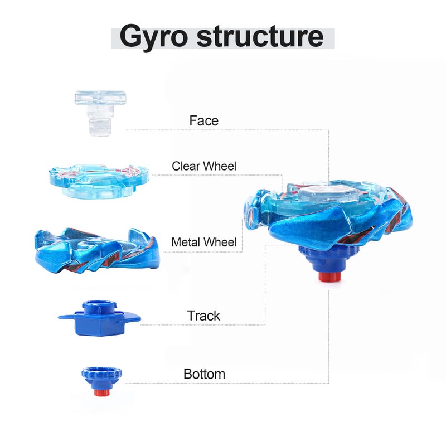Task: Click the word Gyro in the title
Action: click(154, 37)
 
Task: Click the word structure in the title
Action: click(260, 36)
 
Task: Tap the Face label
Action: click(204, 120)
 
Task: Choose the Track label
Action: click(203, 316)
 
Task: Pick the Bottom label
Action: click(204, 374)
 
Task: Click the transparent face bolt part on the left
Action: click(100, 113)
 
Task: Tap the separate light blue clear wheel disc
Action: click(99, 181)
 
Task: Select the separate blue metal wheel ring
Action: click(97, 250)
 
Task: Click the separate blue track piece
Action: click(99, 318)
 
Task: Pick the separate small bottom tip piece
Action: click(102, 382)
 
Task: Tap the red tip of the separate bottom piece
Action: click(102, 393)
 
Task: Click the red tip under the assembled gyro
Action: click(329, 277)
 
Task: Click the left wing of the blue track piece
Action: click(66, 317)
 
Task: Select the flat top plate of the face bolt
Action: click(100, 98)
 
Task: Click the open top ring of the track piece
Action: click(99, 304)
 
